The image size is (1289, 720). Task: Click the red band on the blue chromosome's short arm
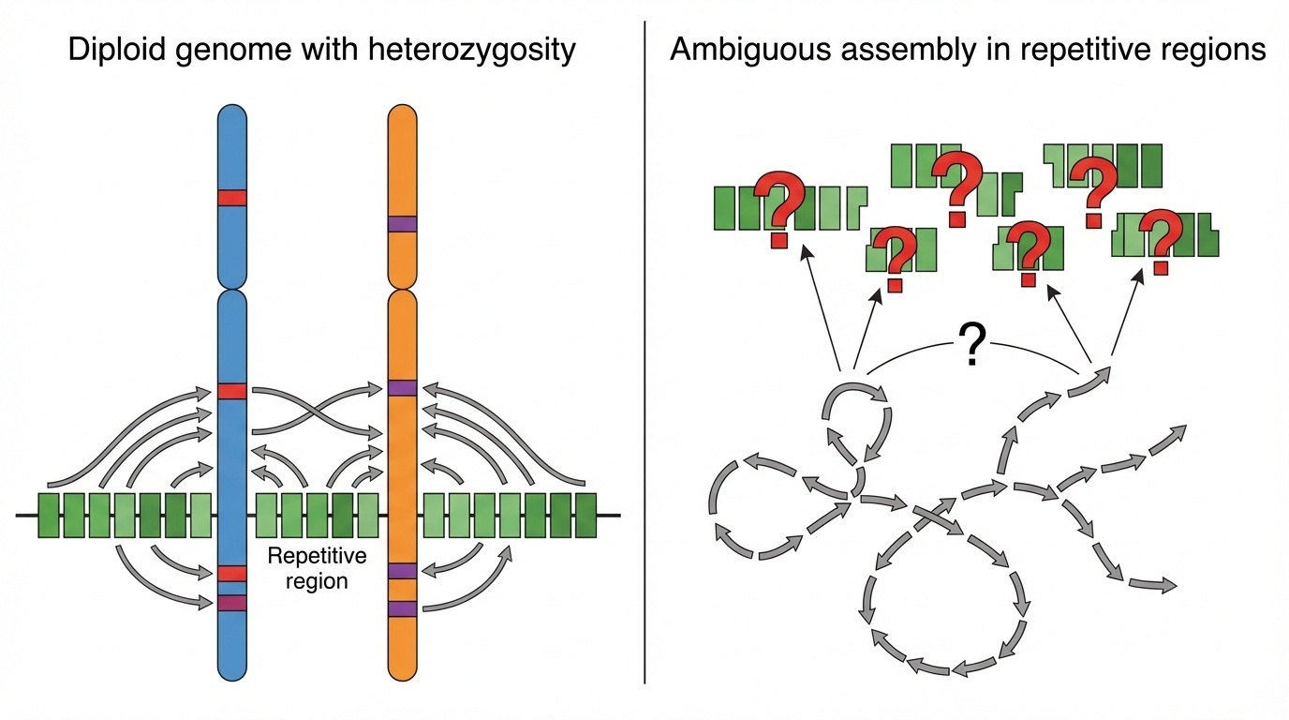(x=231, y=198)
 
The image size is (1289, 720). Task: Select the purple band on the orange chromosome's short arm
(x=402, y=224)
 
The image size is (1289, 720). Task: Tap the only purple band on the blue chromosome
(x=231, y=603)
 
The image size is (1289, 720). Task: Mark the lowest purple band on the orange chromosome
(x=402, y=608)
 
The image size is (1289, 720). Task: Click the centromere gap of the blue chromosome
(x=231, y=288)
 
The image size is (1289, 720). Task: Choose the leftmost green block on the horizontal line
(x=50, y=516)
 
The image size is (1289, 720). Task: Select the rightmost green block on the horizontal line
(x=585, y=516)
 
